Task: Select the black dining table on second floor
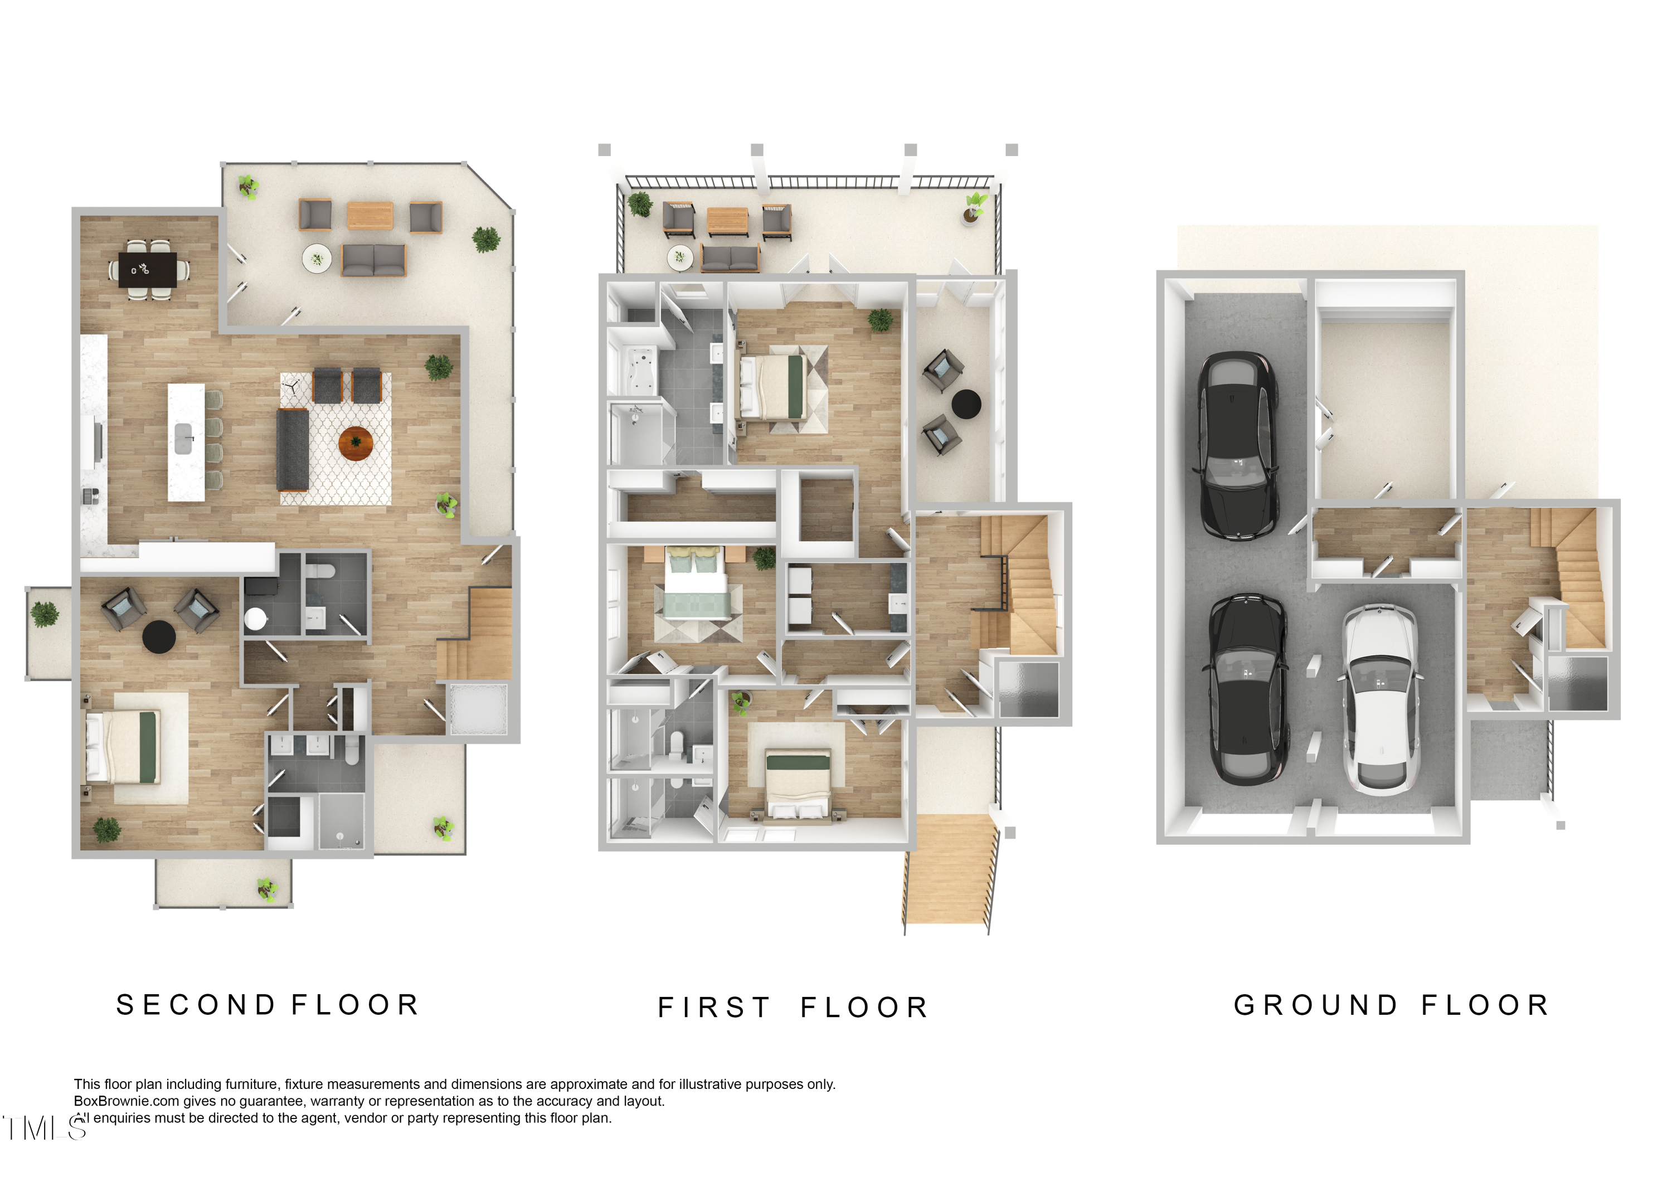click(x=148, y=270)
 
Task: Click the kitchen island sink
click(x=184, y=439)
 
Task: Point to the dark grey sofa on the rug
click(x=293, y=449)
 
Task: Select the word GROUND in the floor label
click(x=1316, y=1005)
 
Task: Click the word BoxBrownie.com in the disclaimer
click(x=126, y=1101)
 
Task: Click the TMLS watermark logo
click(x=43, y=1128)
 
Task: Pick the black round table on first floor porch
click(x=966, y=404)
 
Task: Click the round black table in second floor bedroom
click(x=159, y=636)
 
